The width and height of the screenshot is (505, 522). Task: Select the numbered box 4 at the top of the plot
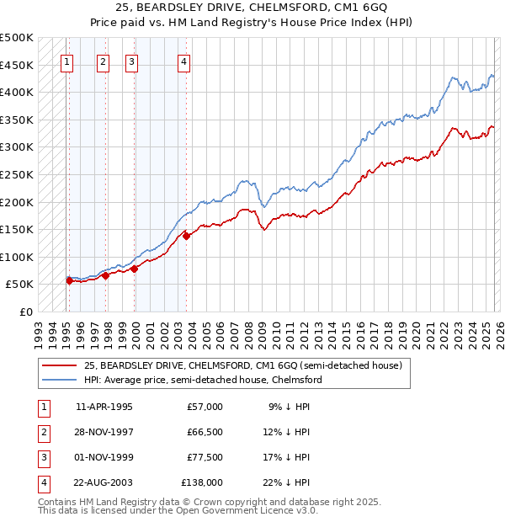coord(183,61)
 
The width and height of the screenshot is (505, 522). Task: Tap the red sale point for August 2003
coord(187,236)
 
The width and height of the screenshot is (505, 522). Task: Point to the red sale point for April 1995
coord(69,280)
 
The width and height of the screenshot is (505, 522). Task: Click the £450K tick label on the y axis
coord(17,65)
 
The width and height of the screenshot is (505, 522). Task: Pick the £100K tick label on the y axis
coord(17,257)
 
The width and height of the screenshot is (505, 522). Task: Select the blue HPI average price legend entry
coord(202,380)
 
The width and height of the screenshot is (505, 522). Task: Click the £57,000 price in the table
coord(205,407)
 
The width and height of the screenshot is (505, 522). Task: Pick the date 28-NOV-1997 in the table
coord(104,432)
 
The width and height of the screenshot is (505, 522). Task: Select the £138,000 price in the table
coord(203,482)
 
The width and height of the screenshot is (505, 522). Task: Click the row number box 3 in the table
coord(42,457)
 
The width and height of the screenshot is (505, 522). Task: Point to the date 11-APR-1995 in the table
coord(104,407)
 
